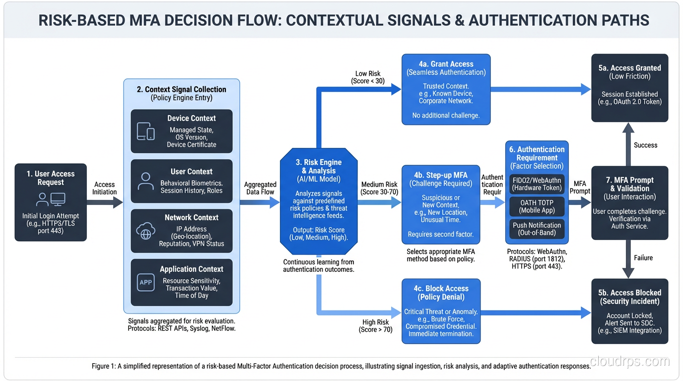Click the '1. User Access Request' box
[51, 202]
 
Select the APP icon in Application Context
[145, 282]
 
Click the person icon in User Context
[145, 182]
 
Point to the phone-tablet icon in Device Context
[145, 131]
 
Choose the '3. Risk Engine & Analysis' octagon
[319, 201]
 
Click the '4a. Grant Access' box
[446, 89]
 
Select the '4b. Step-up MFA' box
[441, 204]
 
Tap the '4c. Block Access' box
[441, 311]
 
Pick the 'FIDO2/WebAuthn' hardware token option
[537, 184]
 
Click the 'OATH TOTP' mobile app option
[537, 206]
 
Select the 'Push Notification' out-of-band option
[537, 229]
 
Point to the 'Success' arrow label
[645, 145]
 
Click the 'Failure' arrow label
[643, 257]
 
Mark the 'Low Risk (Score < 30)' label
[368, 77]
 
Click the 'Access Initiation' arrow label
[104, 188]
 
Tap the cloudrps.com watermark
[630, 361]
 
